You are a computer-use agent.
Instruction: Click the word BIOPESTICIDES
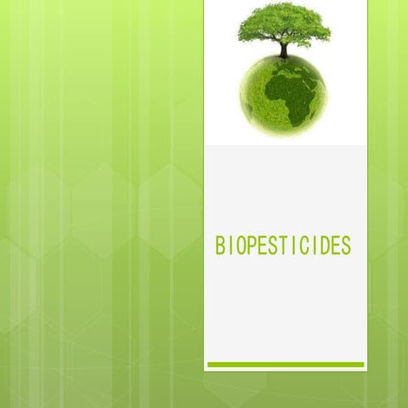pos(283,246)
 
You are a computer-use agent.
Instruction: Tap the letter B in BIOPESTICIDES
pos(221,246)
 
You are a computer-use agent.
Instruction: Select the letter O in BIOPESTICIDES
pos(241,246)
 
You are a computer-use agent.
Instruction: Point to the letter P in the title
pos(253,246)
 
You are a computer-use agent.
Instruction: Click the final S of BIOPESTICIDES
pos(346,246)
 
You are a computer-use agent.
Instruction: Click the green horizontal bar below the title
pos(286,365)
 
